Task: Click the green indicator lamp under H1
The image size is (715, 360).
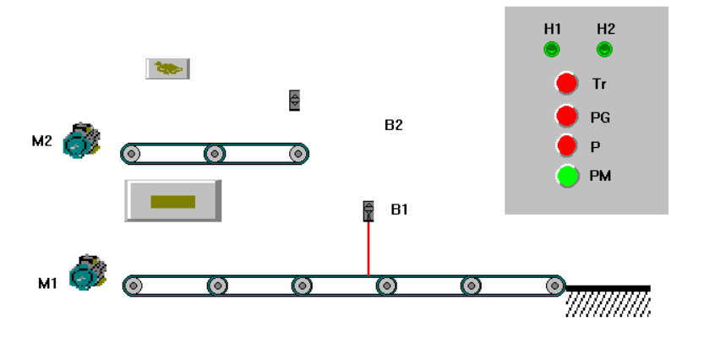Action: tap(551, 50)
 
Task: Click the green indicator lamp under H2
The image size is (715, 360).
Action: tap(604, 50)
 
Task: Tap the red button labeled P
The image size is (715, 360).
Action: tap(566, 145)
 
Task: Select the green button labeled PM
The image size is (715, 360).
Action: tap(567, 177)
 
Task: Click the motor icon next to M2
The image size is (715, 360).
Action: tap(81, 141)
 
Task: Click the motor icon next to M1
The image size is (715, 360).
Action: tap(86, 272)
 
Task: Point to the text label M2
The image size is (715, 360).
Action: tap(42, 141)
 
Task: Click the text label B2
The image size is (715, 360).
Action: tap(393, 125)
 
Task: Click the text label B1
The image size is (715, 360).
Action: tap(399, 209)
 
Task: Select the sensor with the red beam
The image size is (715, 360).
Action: tap(368, 210)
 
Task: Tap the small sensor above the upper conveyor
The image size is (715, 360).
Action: tap(294, 100)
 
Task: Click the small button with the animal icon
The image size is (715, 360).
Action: tap(167, 68)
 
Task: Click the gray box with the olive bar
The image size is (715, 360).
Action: tap(173, 201)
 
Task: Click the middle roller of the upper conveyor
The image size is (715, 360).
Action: tap(215, 154)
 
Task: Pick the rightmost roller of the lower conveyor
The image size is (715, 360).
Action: tap(554, 286)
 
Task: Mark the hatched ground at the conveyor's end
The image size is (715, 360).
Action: tap(608, 301)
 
